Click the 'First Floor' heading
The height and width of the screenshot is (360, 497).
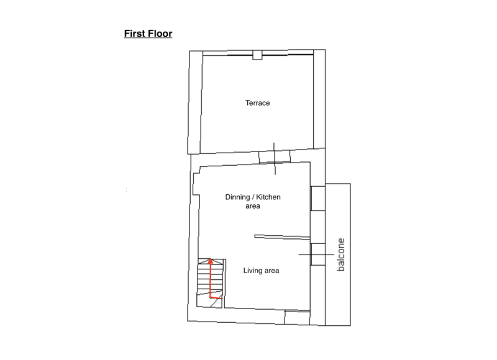coord(148,34)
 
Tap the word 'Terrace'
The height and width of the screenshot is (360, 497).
coord(257,103)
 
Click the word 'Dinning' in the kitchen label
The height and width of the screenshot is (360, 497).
coord(237,197)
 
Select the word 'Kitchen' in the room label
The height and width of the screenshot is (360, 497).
coord(268,197)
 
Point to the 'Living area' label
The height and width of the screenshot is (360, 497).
coord(261,271)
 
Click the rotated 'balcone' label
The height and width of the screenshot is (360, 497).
coord(340,254)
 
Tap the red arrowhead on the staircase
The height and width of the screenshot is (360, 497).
coord(210,261)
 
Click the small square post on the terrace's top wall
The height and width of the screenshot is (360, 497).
coord(257,55)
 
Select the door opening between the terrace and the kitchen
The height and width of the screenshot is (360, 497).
coord(275,157)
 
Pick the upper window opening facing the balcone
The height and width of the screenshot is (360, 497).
coord(318,198)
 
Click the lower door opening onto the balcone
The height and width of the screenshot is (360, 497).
coord(318,254)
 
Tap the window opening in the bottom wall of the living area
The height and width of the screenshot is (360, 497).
coord(297,318)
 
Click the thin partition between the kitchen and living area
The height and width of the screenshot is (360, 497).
coord(282,237)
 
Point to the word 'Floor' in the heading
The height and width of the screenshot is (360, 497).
coord(160,34)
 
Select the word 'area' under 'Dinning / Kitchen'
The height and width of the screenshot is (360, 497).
coord(253,206)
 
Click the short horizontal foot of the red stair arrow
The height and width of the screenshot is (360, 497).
coord(216,298)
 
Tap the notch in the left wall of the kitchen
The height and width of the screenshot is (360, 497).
coord(196,184)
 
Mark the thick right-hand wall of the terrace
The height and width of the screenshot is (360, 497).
coord(319,99)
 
